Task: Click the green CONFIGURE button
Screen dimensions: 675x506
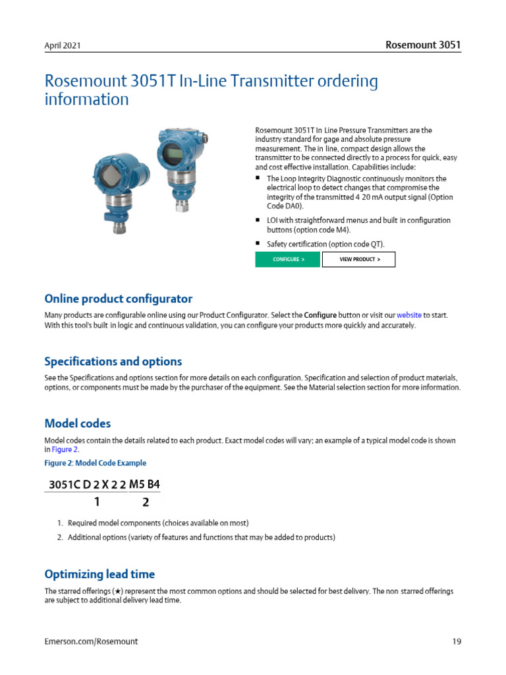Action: [x=288, y=260]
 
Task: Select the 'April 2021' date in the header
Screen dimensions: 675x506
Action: [x=63, y=46]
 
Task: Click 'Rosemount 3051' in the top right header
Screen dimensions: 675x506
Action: [x=422, y=45]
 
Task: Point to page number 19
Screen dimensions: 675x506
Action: [x=456, y=641]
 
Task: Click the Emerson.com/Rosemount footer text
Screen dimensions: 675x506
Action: [x=91, y=641]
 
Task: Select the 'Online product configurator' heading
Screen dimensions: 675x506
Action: [x=118, y=299]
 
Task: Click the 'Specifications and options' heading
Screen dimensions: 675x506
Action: [x=113, y=361]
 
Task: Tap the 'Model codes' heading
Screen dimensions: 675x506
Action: [x=77, y=423]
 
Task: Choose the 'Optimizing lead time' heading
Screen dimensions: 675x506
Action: [x=99, y=574]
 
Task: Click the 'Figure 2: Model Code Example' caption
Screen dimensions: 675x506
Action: [x=95, y=463]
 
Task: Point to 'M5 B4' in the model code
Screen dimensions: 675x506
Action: [x=144, y=484]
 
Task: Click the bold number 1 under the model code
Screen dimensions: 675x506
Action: [x=97, y=502]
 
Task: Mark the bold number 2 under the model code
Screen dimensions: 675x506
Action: [x=146, y=502]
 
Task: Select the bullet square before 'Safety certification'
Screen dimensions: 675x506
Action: [x=258, y=243]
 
